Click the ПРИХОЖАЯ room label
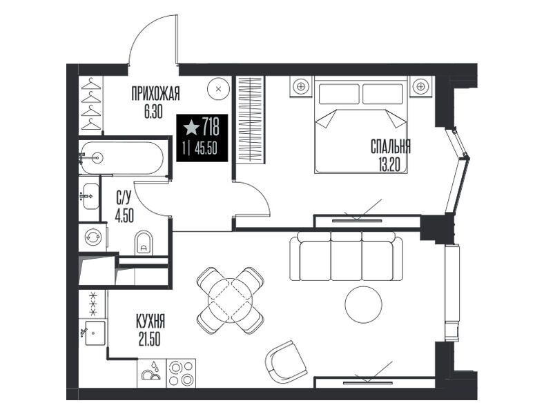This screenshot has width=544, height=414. tap(156, 94)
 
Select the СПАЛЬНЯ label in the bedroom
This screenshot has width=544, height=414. tap(391, 147)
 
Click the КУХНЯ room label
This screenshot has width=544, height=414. tap(150, 322)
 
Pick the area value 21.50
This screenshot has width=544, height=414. tap(150, 339)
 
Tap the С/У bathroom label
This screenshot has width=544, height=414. tap(124, 199)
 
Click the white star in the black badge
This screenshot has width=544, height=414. tap(191, 128)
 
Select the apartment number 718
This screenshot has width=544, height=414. tap(211, 126)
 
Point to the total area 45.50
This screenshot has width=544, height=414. tap(206, 149)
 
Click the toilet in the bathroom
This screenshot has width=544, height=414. tap(144, 242)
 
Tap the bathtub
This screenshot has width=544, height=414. tap(121, 158)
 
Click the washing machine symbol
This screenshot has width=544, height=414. tap(93, 237)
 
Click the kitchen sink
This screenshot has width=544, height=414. tap(95, 333)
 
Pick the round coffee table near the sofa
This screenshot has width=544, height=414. tap(363, 305)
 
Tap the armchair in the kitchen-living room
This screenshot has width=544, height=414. tap(286, 362)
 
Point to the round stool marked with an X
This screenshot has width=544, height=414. tap(218, 89)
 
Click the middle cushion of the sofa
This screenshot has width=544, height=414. tap(347, 257)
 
